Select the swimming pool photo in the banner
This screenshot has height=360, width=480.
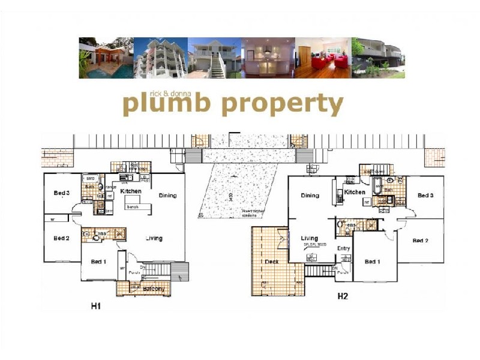click(x=106, y=58)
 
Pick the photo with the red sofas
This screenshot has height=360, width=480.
click(x=323, y=58)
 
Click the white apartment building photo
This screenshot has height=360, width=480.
click(x=160, y=58)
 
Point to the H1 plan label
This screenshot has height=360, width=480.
click(x=95, y=306)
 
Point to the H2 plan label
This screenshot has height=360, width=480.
click(x=343, y=296)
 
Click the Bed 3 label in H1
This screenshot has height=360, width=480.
click(x=62, y=193)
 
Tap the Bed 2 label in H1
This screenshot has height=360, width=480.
click(x=62, y=238)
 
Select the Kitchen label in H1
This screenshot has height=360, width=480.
click(x=131, y=191)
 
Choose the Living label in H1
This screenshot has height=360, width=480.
click(x=154, y=238)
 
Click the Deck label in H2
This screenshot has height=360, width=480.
click(x=271, y=262)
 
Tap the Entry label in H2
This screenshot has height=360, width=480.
click(x=343, y=248)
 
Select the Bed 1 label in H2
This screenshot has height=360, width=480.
click(x=372, y=262)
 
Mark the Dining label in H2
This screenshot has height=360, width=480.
click(x=310, y=196)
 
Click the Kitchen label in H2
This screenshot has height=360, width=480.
click(x=354, y=192)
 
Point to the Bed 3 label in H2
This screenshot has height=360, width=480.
click(x=425, y=196)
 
